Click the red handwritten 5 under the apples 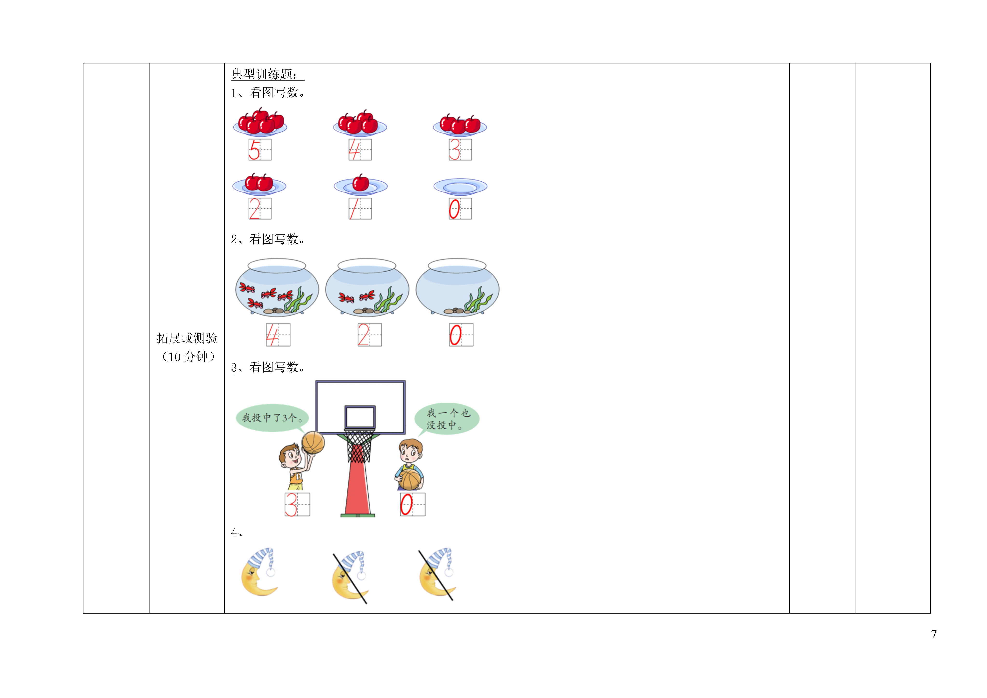(254, 150)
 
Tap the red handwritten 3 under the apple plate (454, 150)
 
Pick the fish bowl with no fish (457, 287)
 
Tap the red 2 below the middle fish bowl (364, 335)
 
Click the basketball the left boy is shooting (313, 443)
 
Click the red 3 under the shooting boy (291, 505)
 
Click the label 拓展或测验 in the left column (187, 338)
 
